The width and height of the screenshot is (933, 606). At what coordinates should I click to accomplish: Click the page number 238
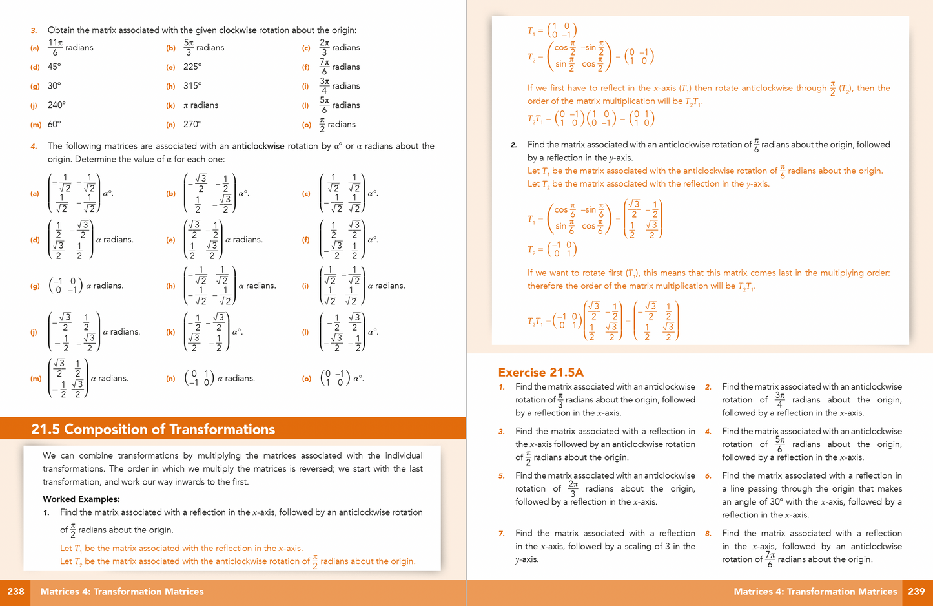click(x=15, y=591)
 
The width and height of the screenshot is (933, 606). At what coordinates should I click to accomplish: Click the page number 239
click(x=916, y=591)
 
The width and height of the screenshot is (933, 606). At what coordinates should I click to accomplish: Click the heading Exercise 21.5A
click(x=540, y=372)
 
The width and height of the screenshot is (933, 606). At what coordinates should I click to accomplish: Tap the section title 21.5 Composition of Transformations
click(x=153, y=430)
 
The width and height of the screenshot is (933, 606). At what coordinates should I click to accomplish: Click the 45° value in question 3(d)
click(x=54, y=67)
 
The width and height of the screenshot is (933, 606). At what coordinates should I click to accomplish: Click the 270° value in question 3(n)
click(x=192, y=124)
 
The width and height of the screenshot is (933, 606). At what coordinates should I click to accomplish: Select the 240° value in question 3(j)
click(x=57, y=105)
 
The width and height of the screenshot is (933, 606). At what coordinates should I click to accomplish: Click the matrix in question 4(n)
click(x=199, y=378)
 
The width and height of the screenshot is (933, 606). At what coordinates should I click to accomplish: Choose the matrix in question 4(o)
click(x=334, y=378)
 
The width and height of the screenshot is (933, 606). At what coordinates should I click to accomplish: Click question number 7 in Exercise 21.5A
click(x=502, y=534)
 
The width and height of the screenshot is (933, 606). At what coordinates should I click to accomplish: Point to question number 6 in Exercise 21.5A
click(x=708, y=476)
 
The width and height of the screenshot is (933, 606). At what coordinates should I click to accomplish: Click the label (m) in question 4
click(x=36, y=379)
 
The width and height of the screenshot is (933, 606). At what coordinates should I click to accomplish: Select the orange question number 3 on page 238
click(x=34, y=30)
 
